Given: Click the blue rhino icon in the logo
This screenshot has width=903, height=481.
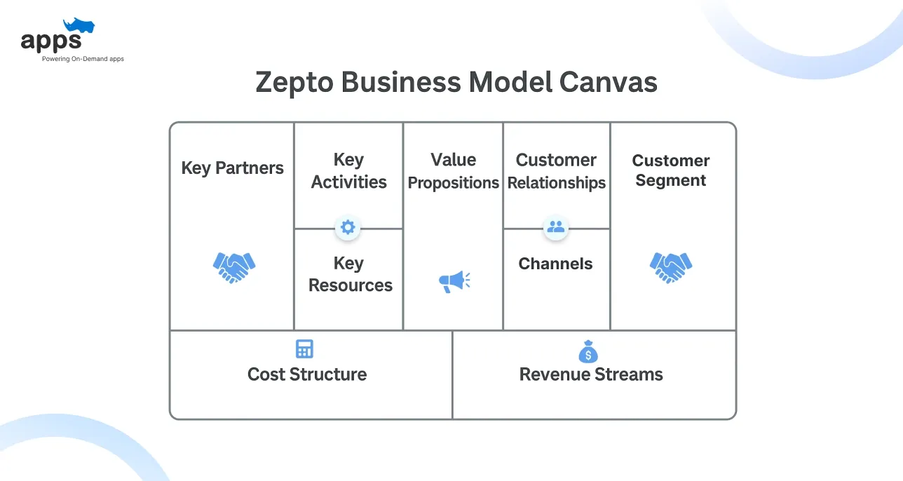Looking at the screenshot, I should [79, 27].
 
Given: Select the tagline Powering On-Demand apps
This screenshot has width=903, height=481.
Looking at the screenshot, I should [83, 59].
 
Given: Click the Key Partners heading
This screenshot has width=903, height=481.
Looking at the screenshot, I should [232, 168].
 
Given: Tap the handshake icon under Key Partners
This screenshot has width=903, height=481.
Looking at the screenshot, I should [234, 267].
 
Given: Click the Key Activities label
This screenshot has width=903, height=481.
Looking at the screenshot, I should [348, 171].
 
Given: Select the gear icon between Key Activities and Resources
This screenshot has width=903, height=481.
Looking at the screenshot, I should [348, 227].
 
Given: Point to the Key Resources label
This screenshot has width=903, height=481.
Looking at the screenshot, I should [350, 274].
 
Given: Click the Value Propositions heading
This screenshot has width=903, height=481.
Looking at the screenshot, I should [453, 171].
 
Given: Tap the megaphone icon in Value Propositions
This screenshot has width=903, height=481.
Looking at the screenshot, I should [454, 281].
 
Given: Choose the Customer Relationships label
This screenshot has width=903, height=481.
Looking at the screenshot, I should [556, 171].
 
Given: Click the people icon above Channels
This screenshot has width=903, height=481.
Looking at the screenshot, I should [555, 227].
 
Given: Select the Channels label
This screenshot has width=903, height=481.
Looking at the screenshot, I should [555, 264].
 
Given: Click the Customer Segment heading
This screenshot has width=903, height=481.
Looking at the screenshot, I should [670, 170].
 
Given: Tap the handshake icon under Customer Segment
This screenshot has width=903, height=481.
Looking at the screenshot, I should [671, 267].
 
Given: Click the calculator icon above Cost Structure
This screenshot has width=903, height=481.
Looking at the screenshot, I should [304, 349].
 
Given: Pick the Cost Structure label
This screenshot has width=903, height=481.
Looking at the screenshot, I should [307, 374].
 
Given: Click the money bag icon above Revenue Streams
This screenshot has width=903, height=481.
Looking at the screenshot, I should [588, 351].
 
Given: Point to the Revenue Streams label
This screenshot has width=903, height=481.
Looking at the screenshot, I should [591, 374].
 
